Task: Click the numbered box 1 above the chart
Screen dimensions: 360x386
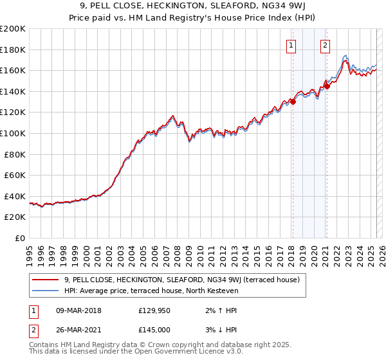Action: click(291, 45)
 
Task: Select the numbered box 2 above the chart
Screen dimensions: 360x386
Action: click(326, 45)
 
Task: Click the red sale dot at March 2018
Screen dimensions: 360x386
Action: click(293, 101)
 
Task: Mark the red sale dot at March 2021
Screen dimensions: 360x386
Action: click(327, 85)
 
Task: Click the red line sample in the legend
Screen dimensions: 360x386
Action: click(46, 280)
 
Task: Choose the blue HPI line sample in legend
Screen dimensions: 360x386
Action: click(46, 291)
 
